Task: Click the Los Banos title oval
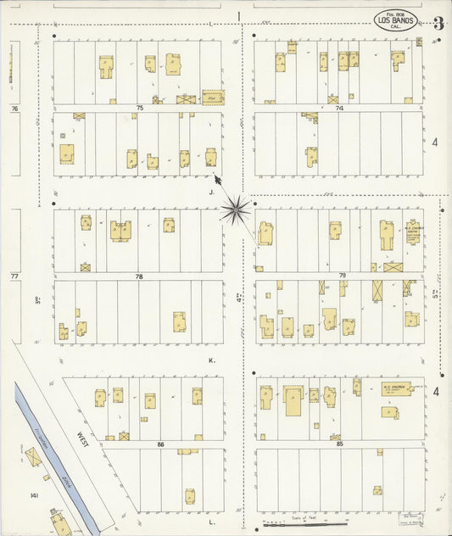pyautogui.click(x=395, y=20)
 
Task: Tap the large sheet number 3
pyautogui.click(x=438, y=23)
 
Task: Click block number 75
pyautogui.click(x=139, y=109)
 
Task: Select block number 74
pyautogui.click(x=339, y=109)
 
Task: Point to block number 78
pyautogui.click(x=138, y=276)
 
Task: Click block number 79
pyautogui.click(x=343, y=276)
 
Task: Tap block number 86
pyautogui.click(x=159, y=444)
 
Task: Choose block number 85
pyautogui.click(x=340, y=444)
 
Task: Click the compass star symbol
pyautogui.click(x=237, y=208)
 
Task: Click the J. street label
pyautogui.click(x=209, y=192)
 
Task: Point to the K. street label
pyautogui.click(x=211, y=360)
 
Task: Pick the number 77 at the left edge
pyautogui.click(x=14, y=276)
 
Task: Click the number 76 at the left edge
pyautogui.click(x=14, y=109)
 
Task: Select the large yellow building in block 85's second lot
pyautogui.click(x=293, y=399)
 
